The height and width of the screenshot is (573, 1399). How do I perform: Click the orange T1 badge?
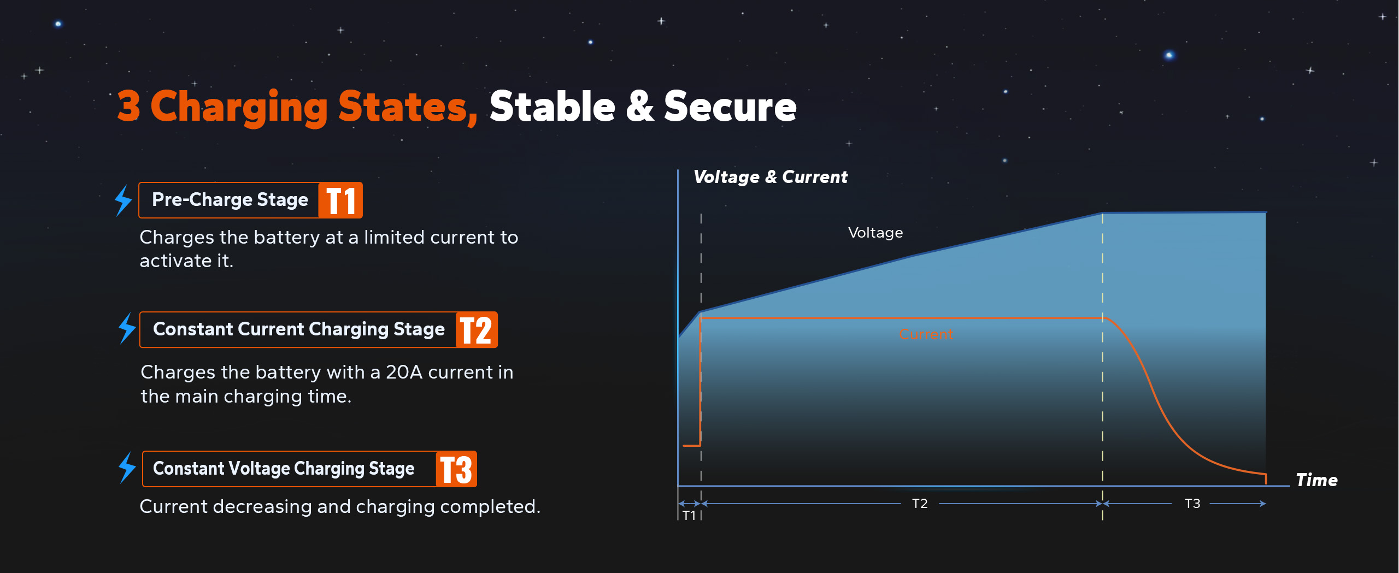(340, 200)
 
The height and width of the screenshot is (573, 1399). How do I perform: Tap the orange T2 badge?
(477, 330)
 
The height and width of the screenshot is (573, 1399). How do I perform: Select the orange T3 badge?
(456, 469)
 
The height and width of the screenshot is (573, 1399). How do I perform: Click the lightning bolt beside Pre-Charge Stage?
(124, 200)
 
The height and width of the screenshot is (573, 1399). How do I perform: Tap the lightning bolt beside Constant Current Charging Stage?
(127, 328)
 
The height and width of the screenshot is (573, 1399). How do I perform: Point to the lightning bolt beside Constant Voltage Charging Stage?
(127, 468)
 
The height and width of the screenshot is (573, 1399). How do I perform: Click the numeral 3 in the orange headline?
(129, 106)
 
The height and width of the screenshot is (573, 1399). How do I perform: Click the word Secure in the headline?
(730, 106)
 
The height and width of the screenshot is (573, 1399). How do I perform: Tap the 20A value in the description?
(404, 373)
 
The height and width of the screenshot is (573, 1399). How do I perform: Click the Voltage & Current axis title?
(771, 177)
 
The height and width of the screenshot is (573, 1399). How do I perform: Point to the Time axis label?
(1317, 480)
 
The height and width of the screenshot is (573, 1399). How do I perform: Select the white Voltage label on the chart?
(875, 233)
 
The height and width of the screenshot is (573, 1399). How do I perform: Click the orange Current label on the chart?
(926, 334)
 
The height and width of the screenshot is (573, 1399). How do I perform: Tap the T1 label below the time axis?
(689, 516)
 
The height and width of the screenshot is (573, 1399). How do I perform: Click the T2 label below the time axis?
(920, 504)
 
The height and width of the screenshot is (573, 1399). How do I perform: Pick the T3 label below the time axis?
(1192, 504)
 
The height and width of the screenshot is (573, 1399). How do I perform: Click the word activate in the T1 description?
(174, 261)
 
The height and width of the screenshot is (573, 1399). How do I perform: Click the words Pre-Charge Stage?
(230, 200)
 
